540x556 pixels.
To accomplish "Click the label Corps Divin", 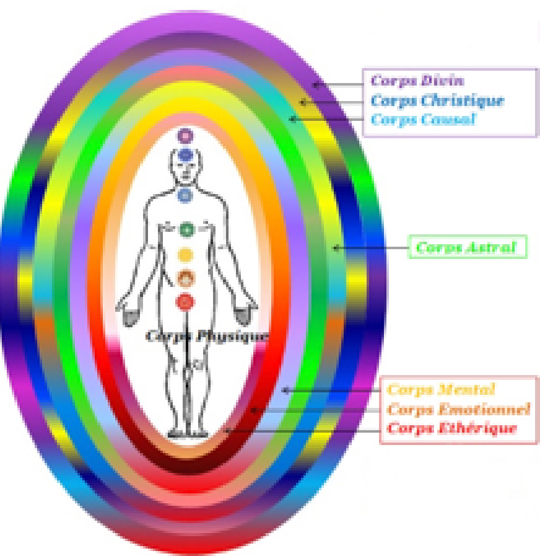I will pos(417,81).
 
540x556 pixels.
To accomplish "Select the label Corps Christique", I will pos(437,100).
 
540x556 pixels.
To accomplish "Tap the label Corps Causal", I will pos(423,120).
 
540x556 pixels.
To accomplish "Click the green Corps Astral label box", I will pos(466,247).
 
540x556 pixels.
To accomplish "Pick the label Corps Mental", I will pos(440,390).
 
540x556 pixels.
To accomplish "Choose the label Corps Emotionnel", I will pos(458,409).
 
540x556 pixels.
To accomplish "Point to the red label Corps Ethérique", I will pos(451,428).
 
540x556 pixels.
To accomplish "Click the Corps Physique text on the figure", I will pos(207,336).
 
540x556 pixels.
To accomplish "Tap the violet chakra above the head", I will pos(185,135).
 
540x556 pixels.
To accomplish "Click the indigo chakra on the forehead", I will pos(185,155).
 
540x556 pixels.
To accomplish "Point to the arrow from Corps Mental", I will pos(331,391).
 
